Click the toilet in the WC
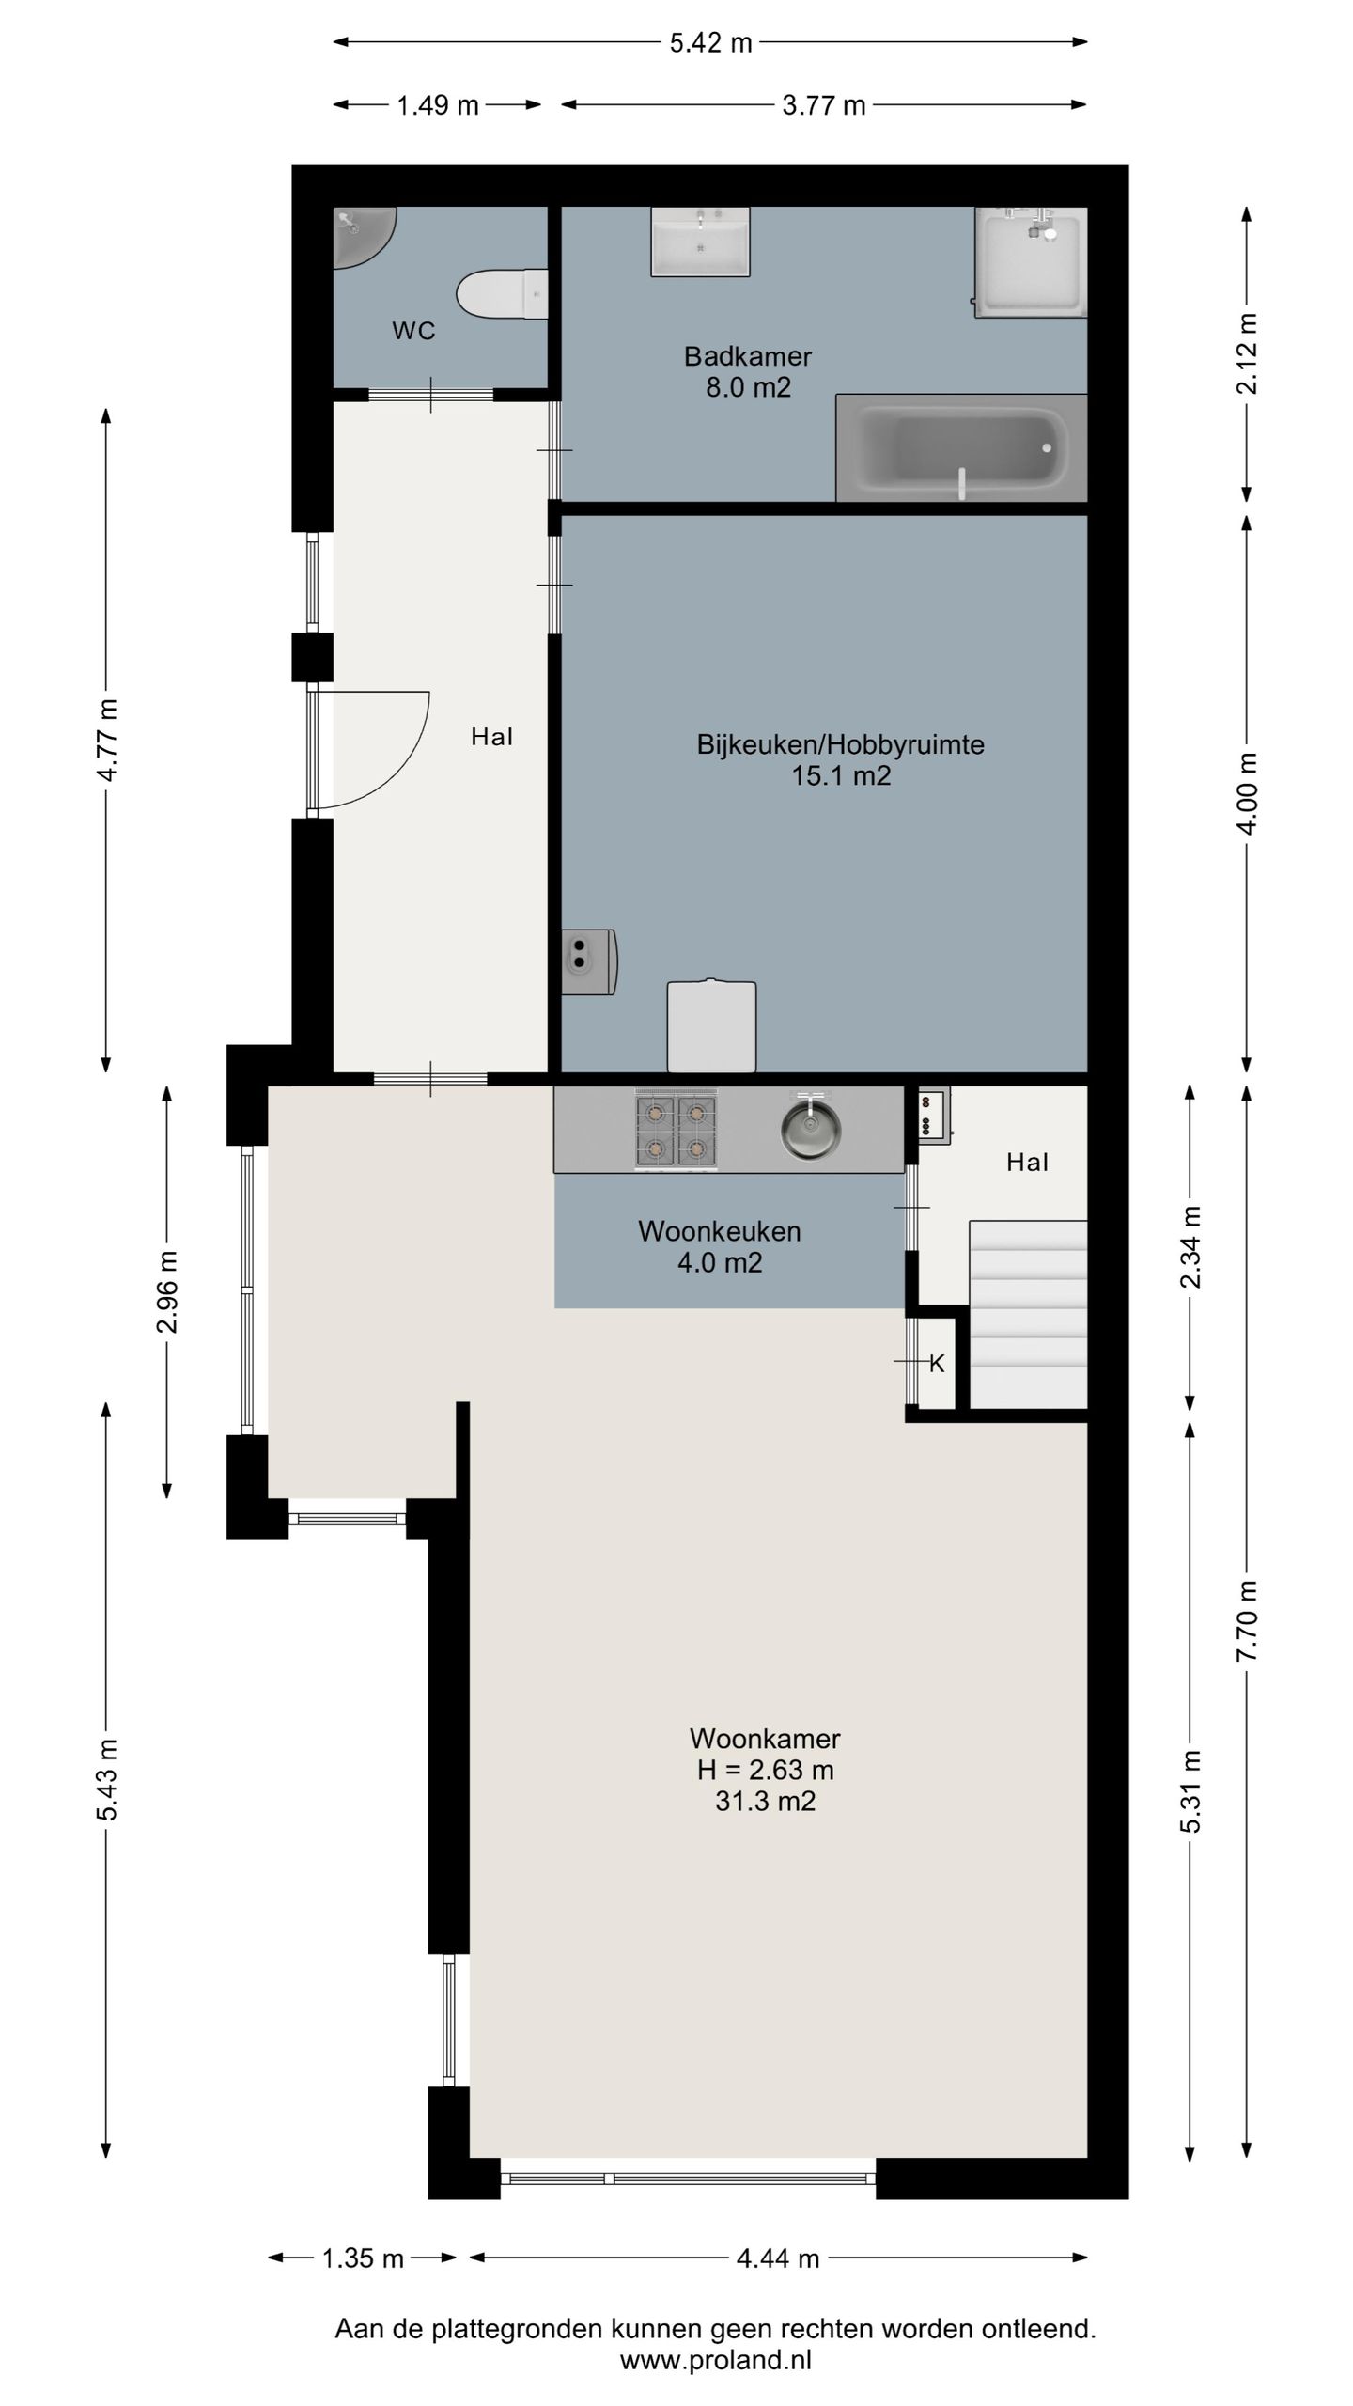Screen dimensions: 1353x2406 pos(502,294)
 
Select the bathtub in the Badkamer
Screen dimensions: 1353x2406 pos(961,448)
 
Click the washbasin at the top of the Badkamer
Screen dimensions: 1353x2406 pos(700,242)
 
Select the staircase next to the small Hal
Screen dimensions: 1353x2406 pos(1028,1314)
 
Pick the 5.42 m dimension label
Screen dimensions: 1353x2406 pos(710,43)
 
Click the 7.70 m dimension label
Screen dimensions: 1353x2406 pos(1246,1621)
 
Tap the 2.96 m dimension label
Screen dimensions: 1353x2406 pos(167,1292)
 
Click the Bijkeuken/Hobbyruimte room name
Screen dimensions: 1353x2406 pos(840,745)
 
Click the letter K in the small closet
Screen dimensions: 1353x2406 pos(937,1364)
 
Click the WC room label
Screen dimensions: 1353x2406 pos(413,331)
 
